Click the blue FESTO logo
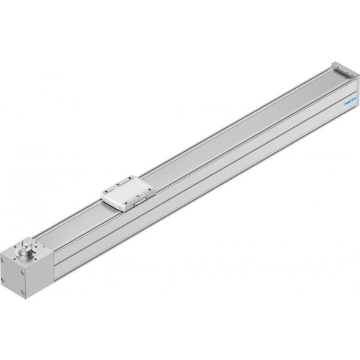point(350,101)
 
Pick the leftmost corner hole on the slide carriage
point(106,191)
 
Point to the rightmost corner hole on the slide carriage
point(150,190)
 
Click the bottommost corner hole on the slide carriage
point(126,203)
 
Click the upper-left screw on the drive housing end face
point(2,260)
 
